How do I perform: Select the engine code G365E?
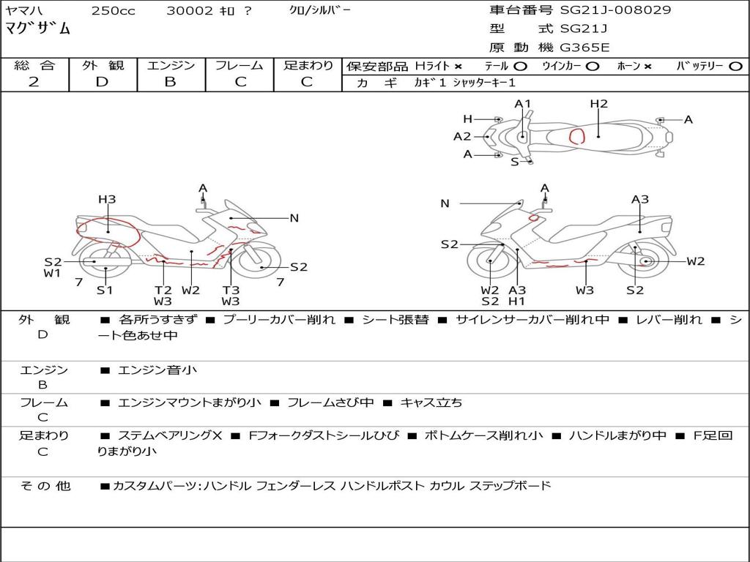click(584, 48)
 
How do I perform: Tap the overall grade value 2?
click(34, 82)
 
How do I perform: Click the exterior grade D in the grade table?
click(102, 82)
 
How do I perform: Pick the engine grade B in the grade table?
click(170, 82)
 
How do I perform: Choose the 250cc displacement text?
click(113, 11)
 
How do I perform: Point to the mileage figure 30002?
click(190, 11)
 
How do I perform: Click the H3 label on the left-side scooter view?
click(107, 199)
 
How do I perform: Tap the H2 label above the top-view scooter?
click(599, 104)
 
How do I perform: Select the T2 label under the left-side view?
click(163, 290)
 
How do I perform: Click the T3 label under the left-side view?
click(231, 290)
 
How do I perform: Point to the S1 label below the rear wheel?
click(105, 290)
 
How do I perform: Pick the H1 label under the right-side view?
click(517, 301)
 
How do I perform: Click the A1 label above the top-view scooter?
click(522, 104)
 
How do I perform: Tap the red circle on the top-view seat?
click(577, 135)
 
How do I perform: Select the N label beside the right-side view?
click(445, 203)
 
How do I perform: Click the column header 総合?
click(34, 65)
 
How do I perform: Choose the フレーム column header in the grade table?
click(240, 65)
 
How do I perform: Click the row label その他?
click(45, 486)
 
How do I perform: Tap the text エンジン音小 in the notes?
click(157, 370)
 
